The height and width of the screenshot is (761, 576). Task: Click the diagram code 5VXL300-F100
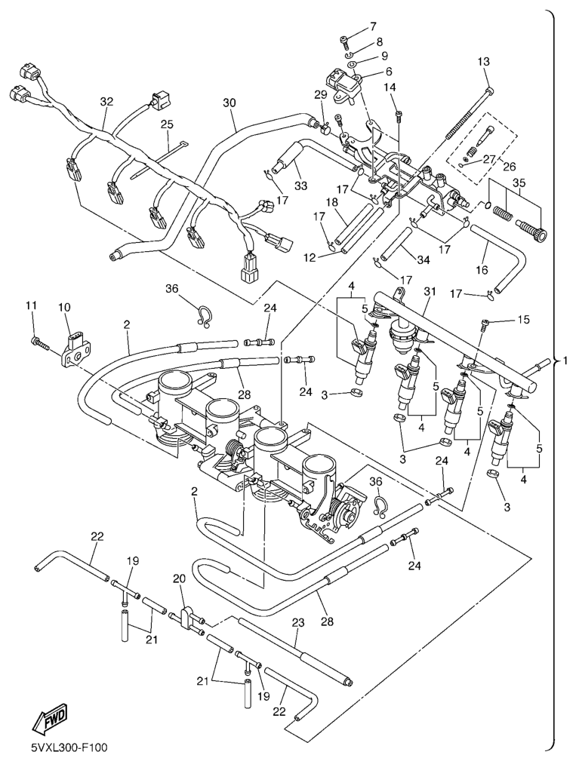[x=69, y=747]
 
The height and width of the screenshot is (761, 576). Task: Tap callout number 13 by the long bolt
[x=483, y=61]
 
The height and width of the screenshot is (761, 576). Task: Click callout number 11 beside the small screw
[x=31, y=305]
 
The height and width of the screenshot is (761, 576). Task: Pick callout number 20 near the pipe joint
[x=179, y=578]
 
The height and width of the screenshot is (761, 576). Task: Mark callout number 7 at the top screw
[x=373, y=27]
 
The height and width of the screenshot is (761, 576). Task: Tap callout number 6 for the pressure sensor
[x=389, y=72]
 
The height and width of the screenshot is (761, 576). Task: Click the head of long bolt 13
[x=490, y=91]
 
